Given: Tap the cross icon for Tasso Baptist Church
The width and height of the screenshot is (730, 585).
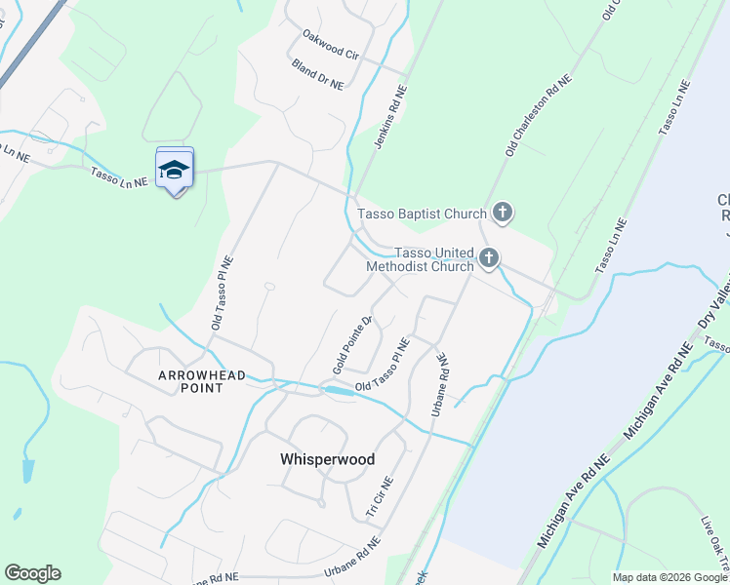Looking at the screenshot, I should (x=502, y=212).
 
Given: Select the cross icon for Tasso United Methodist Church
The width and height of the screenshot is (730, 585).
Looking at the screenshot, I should (x=489, y=259).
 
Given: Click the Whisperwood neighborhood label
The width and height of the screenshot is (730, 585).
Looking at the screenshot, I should (x=327, y=459).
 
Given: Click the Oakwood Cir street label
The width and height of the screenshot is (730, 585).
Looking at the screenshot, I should (x=331, y=46).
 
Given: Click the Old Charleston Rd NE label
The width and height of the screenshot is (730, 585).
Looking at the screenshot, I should (x=537, y=120).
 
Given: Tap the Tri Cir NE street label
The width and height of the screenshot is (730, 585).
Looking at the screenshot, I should (x=379, y=496).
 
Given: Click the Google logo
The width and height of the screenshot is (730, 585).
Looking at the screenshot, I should (x=32, y=573).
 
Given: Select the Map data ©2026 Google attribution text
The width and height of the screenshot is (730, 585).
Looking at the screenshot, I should (x=669, y=577).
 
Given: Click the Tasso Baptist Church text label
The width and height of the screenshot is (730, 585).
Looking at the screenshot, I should (x=422, y=214).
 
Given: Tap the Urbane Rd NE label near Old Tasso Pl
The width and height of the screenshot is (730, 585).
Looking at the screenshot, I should (x=439, y=385).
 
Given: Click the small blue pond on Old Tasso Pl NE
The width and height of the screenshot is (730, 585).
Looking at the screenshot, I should (x=337, y=390).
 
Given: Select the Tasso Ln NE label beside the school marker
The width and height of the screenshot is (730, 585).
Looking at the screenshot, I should (x=119, y=176).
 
